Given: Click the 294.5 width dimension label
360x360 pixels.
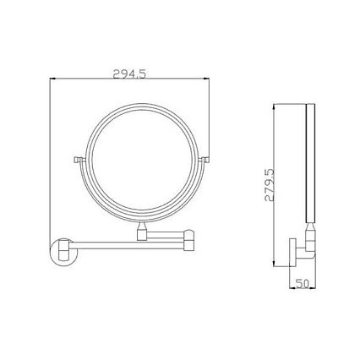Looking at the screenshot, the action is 129,74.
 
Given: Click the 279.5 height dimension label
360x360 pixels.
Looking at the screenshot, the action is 270,185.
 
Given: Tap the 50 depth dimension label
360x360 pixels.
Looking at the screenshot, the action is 303,283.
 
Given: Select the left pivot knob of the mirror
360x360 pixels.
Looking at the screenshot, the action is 78,160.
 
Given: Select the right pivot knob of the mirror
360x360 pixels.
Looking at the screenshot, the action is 205,160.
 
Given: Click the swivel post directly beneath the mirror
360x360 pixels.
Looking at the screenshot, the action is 141,231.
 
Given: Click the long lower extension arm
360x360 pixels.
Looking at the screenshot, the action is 128,245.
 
